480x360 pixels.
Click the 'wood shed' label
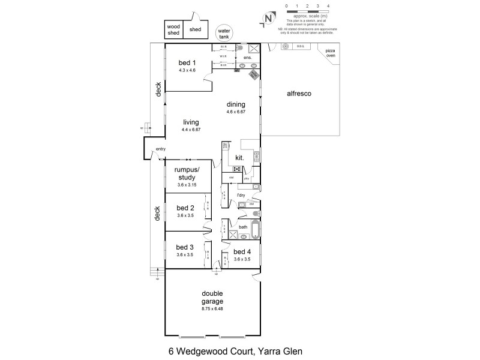173,30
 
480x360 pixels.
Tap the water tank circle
224,32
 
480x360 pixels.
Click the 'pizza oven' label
330,53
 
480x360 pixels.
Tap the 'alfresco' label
298,94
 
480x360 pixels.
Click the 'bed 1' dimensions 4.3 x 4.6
187,70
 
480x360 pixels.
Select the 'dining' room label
236,104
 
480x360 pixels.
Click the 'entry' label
160,149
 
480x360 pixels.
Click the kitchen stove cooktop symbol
236,169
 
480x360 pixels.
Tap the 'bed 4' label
242,252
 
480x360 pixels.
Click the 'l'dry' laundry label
241,196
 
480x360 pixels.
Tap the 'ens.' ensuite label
247,58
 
